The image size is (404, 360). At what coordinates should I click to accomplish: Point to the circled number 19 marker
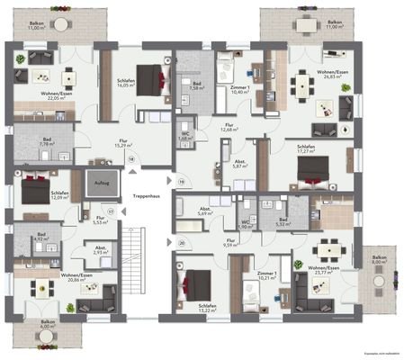(x=180, y=183)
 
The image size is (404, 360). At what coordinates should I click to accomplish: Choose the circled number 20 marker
(x=180, y=242)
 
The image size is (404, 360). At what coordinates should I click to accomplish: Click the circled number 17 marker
(x=112, y=211)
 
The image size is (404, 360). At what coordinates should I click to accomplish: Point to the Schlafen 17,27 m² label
(x=311, y=147)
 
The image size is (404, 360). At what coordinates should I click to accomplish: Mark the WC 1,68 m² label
(x=184, y=137)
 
